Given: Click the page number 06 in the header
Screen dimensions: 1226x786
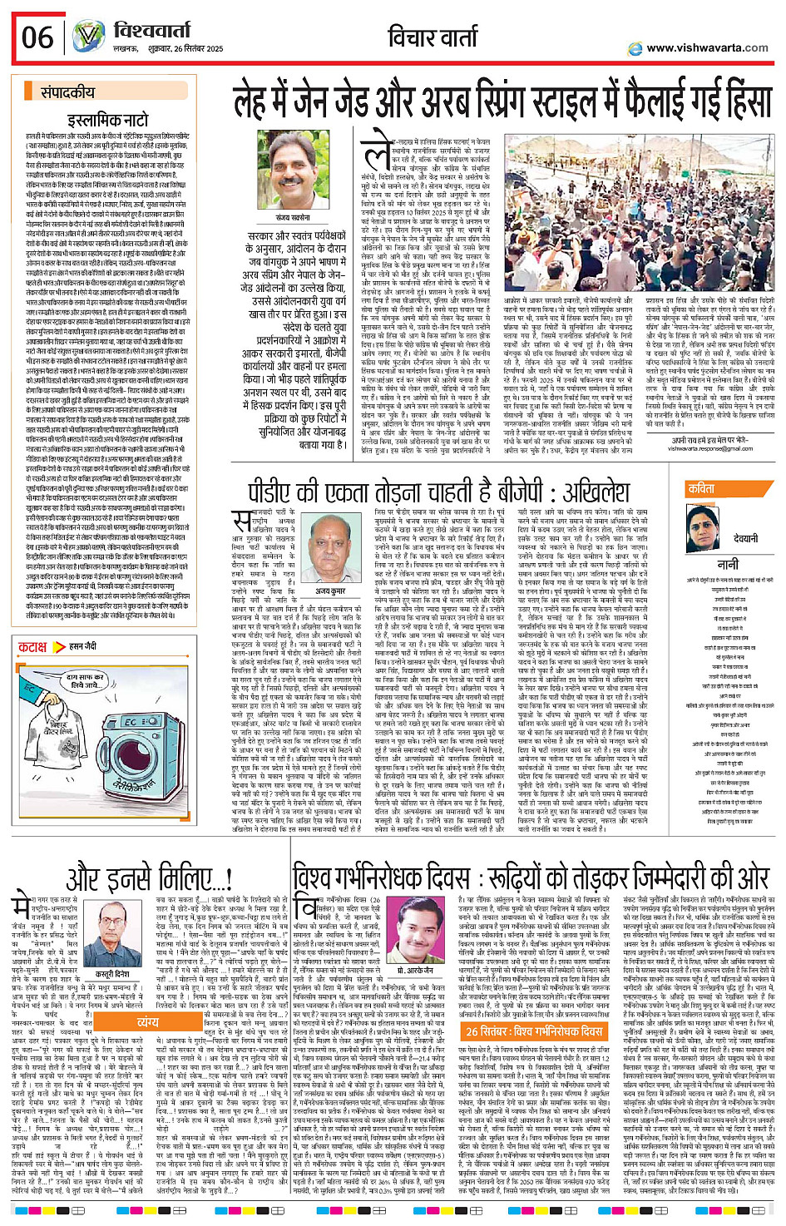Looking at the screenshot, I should click(x=37, y=37).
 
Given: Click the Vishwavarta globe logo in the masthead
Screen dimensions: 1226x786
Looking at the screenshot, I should click(x=88, y=37).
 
